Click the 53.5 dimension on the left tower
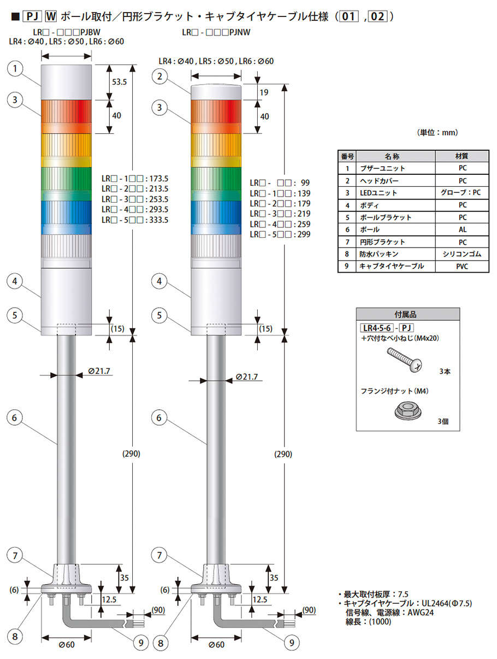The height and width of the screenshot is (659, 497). click(119, 81)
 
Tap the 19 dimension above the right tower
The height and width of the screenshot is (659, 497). click(264, 92)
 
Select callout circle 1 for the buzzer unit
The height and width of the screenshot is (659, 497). click(15, 69)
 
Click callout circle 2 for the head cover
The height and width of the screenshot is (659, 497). click(159, 77)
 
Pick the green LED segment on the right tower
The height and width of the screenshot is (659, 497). click(216, 184)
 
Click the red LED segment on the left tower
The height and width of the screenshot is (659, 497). click(66, 116)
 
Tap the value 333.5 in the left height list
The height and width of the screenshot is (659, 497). click(159, 220)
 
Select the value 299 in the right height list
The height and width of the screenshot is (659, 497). click(304, 234)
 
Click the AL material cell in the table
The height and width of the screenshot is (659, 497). click(462, 230)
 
